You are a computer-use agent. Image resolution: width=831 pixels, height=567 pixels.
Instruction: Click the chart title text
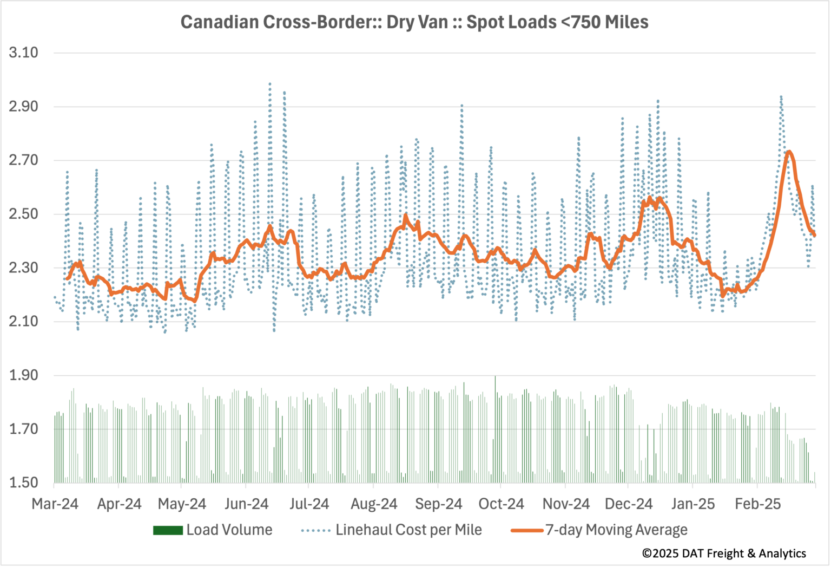[x=414, y=22]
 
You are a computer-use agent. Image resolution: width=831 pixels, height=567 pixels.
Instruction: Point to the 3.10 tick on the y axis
[x=23, y=53]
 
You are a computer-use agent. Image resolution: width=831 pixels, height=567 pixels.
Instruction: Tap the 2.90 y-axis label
[x=23, y=106]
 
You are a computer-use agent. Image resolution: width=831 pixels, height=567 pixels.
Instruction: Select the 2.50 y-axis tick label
[x=23, y=214]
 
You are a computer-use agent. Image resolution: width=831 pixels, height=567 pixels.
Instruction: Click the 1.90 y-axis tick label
[x=23, y=375]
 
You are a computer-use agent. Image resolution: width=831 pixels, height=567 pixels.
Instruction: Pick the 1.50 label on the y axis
[x=23, y=483]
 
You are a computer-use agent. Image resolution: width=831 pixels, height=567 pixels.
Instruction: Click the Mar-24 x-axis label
[x=55, y=504]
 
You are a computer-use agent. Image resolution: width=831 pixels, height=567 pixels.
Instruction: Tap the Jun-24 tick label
[x=246, y=504]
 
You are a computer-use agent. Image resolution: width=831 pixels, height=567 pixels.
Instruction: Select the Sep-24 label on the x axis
[x=438, y=504]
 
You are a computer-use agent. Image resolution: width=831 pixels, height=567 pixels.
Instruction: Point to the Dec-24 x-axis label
[x=629, y=504]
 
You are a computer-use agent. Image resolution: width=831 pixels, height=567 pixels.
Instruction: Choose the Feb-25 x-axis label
[x=757, y=504]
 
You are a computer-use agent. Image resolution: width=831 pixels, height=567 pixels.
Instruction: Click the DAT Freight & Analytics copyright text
[x=724, y=553]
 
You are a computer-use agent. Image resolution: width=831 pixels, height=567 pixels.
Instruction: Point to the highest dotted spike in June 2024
[x=270, y=84]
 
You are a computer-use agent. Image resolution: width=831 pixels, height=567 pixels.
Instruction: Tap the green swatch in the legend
[x=168, y=531]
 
